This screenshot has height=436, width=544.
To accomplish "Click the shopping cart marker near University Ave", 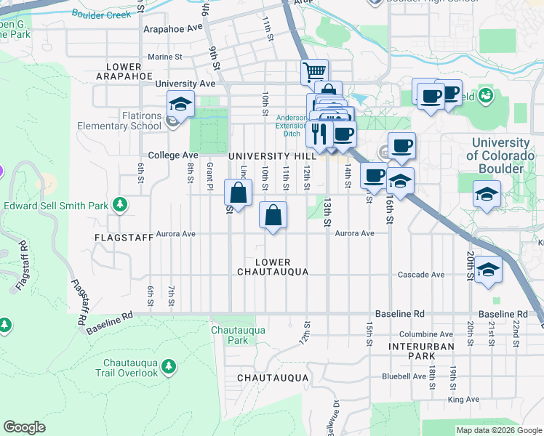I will coord(314,72).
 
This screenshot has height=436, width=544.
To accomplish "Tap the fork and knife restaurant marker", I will coord(319,134).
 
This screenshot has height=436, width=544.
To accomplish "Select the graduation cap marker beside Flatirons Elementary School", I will coord(180,104).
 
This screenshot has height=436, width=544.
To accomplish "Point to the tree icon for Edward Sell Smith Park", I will coord(121,205).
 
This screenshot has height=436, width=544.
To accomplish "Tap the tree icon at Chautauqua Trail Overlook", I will coord(169,364).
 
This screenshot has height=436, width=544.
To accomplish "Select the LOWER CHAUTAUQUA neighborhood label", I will coord(273,267).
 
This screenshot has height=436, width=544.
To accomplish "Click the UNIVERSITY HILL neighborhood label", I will coord(272,156).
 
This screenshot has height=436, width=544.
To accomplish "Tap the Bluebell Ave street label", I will coord(404,376).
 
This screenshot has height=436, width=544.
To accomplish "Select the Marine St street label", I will coord(164,57).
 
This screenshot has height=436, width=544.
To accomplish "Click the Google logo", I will coord(25,427).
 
